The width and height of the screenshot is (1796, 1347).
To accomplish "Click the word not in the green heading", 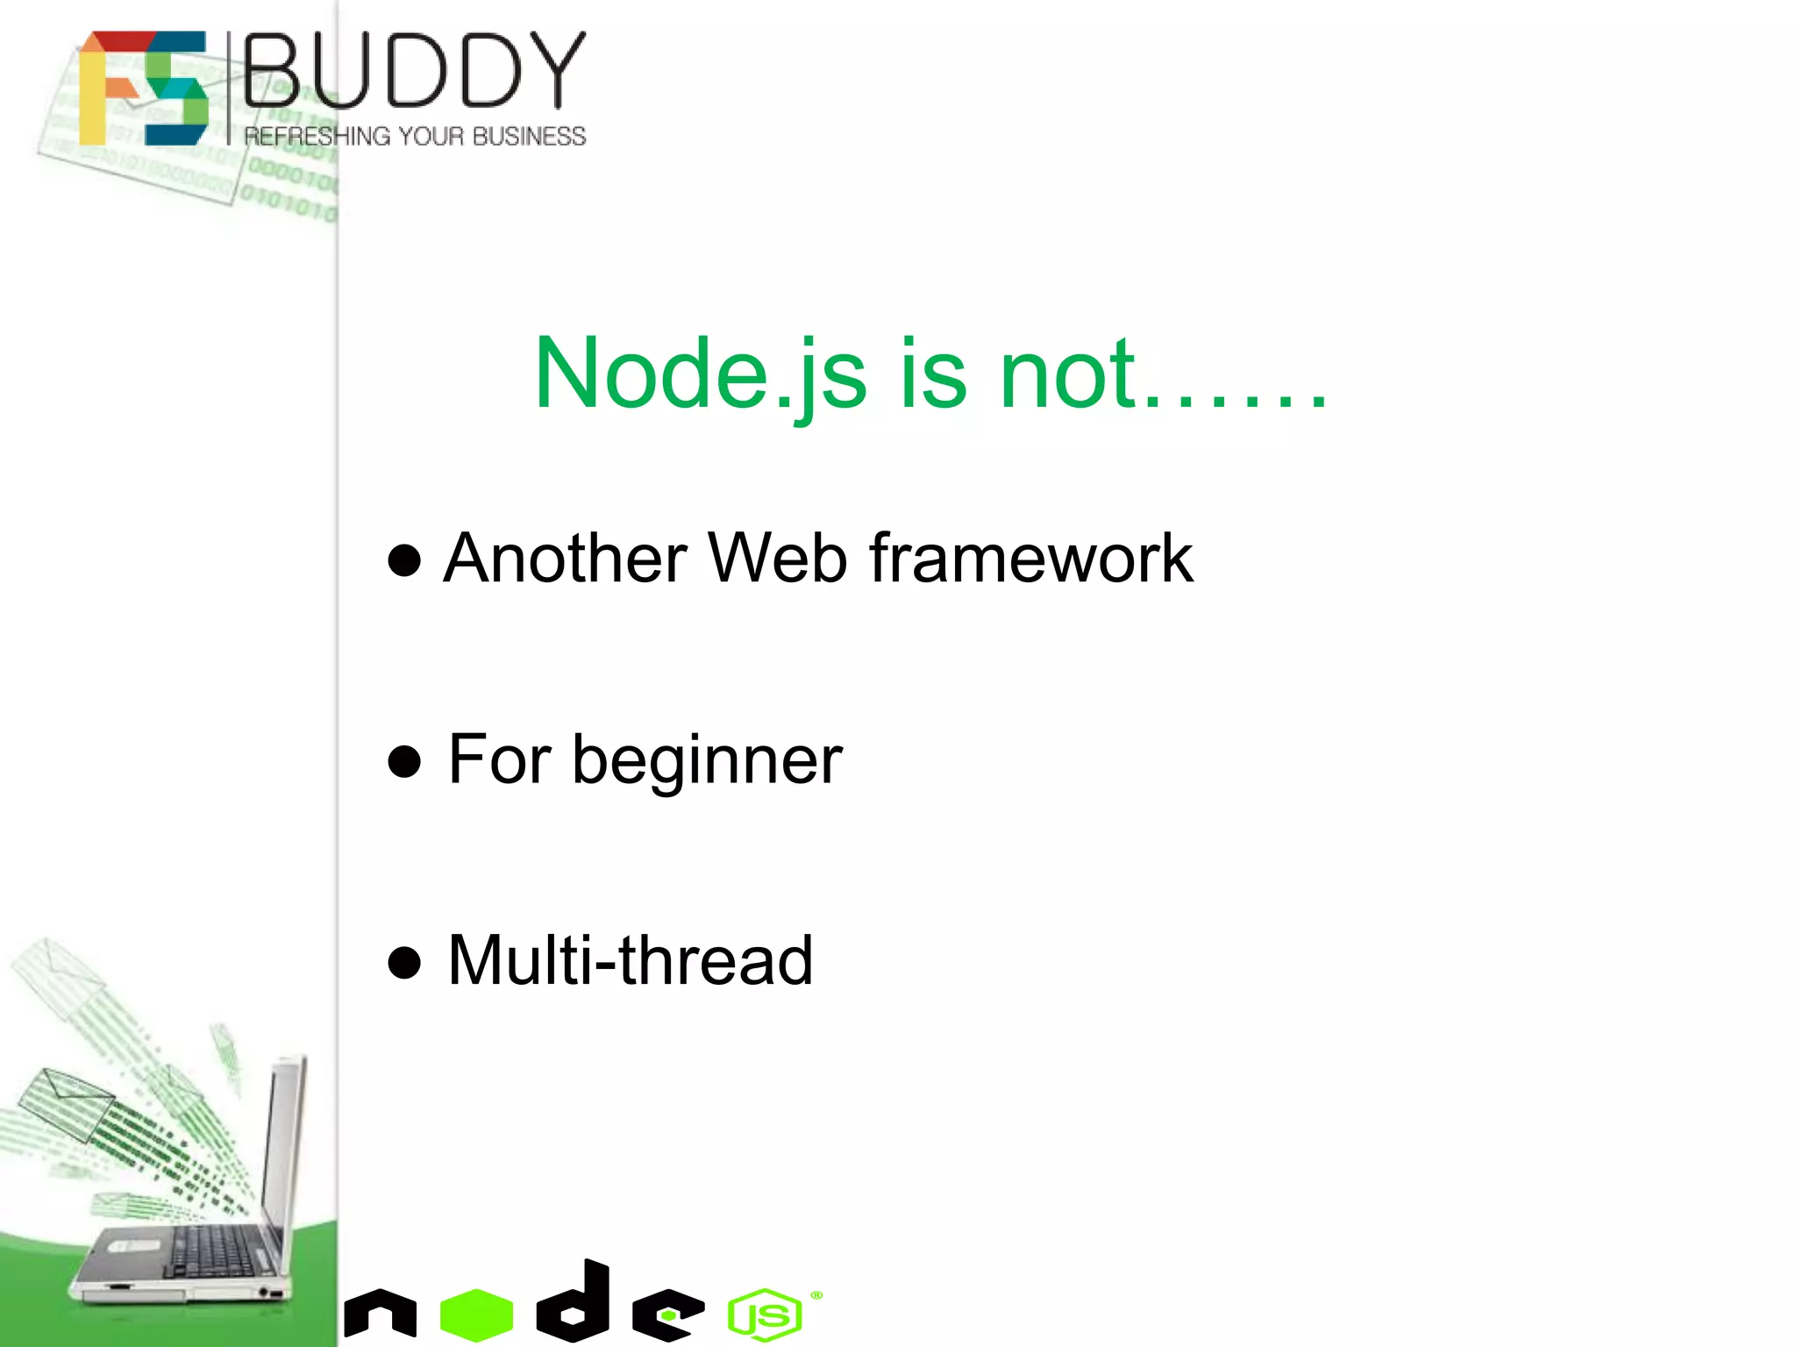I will coord(1067,375).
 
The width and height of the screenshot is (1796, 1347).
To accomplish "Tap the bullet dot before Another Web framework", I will coord(404,560).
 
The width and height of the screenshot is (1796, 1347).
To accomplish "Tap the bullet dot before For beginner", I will coord(404,761).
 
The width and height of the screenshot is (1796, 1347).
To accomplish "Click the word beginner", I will coord(707,761).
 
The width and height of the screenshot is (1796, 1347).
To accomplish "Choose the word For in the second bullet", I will coord(500,759).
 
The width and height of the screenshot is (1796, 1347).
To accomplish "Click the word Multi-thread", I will coord(630,961).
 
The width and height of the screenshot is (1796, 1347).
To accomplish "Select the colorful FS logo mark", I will coord(144,88).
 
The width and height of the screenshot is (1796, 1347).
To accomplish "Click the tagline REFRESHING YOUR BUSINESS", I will coord(415,137).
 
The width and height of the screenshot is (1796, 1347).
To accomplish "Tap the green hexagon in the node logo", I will coord(476,1314).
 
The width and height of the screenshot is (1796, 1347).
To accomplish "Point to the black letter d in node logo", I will coord(575,1302).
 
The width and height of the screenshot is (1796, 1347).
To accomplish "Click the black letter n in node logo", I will coord(380,1313).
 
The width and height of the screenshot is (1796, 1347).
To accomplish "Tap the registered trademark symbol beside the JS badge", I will coord(816,1295).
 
